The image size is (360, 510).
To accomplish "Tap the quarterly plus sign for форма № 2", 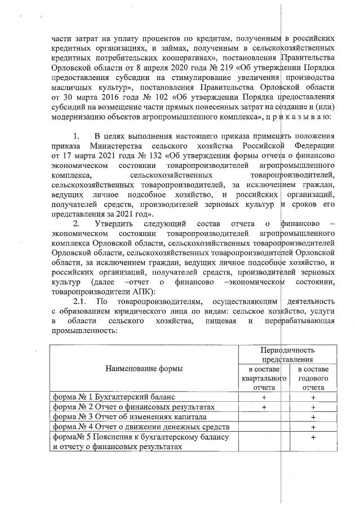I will [264, 407].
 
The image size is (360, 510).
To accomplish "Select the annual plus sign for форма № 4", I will [313, 427].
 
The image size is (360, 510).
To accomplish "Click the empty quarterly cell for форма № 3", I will [264, 416].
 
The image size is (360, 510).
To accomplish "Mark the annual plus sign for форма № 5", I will [313, 437].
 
